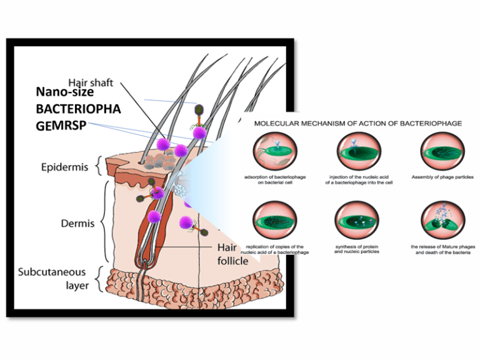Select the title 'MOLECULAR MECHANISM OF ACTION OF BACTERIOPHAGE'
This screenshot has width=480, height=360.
pos(358,124)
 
